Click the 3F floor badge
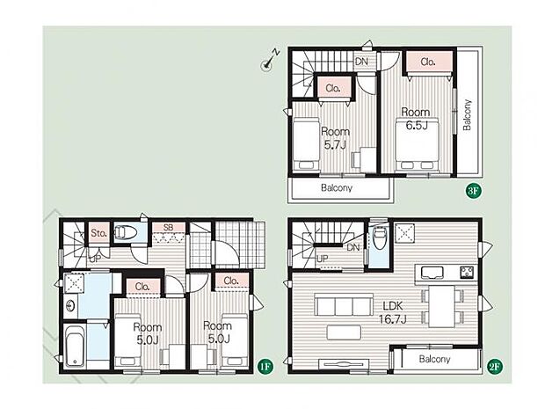click(474, 191)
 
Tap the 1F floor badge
click(265, 366)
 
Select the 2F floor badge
click(495, 366)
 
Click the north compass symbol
click(271, 60)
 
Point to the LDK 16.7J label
click(392, 312)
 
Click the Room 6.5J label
click(416, 119)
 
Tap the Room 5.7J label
click(335, 138)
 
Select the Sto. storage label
click(98, 233)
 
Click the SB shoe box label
click(168, 228)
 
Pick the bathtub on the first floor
click(76, 346)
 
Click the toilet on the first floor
click(126, 232)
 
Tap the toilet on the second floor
click(379, 238)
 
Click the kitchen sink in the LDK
click(432, 273)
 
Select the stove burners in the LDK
click(468, 272)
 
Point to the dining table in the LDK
click(442, 306)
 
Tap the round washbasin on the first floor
click(71, 306)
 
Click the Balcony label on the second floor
click(434, 359)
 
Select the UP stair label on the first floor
click(95, 259)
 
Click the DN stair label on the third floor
click(361, 62)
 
